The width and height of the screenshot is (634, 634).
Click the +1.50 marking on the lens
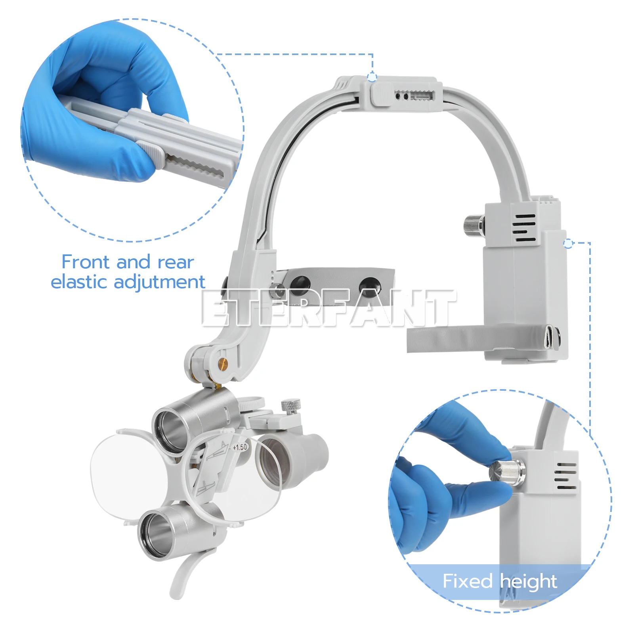239,447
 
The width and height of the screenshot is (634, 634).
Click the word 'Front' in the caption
85,262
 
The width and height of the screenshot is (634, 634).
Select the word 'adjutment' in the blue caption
159,282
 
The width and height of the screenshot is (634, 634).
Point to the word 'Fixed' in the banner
467,581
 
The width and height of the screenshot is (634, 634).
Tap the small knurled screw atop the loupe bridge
290,406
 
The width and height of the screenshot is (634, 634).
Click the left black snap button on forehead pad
300,283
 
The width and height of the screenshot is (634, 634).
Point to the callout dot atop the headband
372,77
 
